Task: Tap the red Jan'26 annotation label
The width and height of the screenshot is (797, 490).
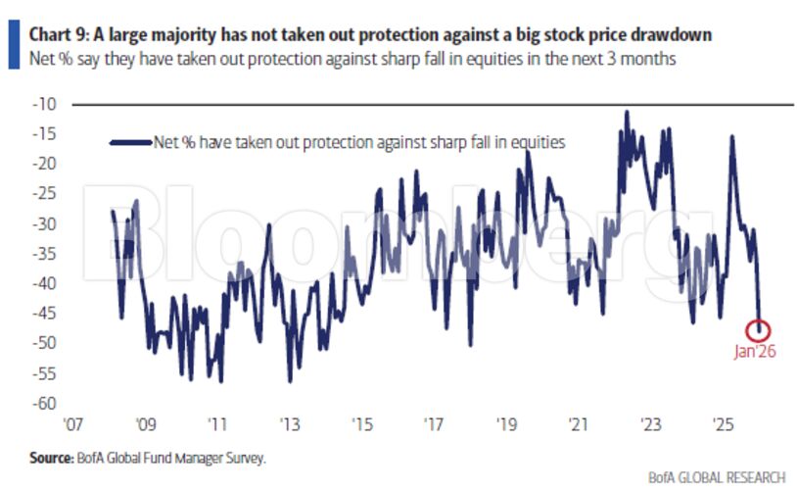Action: coord(755,352)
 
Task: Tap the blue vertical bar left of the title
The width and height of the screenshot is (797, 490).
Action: coord(12,43)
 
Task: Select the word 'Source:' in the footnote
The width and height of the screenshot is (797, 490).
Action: coord(49,457)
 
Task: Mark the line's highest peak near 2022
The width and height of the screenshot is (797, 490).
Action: coord(627,112)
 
